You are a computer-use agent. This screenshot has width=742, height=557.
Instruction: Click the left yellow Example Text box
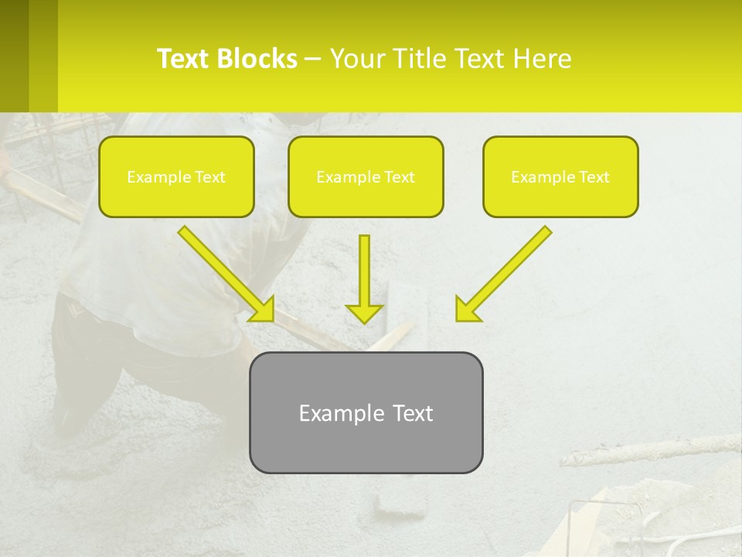(176, 176)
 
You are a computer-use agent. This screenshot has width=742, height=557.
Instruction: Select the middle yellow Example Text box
(366, 176)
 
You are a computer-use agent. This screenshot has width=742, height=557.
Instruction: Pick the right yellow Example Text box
(560, 176)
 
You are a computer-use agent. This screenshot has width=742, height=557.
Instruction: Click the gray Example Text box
(366, 412)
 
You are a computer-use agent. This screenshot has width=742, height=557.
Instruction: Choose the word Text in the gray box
(413, 413)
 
